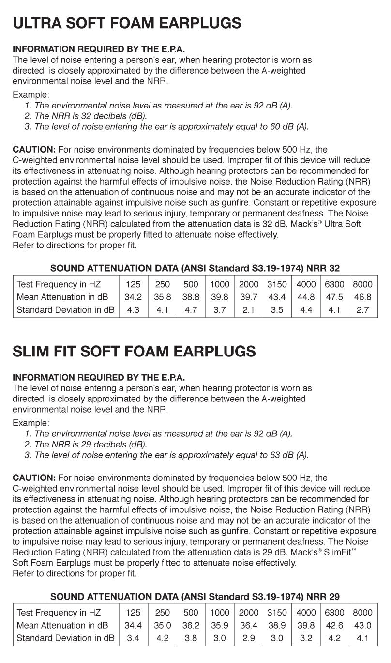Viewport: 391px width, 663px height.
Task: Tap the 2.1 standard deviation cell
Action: (248, 309)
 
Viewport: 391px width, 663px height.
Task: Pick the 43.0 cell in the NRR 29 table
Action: (362, 625)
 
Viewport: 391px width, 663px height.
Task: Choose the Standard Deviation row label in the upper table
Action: (65, 309)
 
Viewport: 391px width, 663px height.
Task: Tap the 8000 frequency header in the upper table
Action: (362, 284)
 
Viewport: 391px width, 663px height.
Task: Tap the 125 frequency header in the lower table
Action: (133, 613)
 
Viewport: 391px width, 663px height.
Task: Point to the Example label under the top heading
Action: (30, 95)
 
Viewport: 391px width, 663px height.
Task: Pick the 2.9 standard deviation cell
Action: (248, 638)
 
